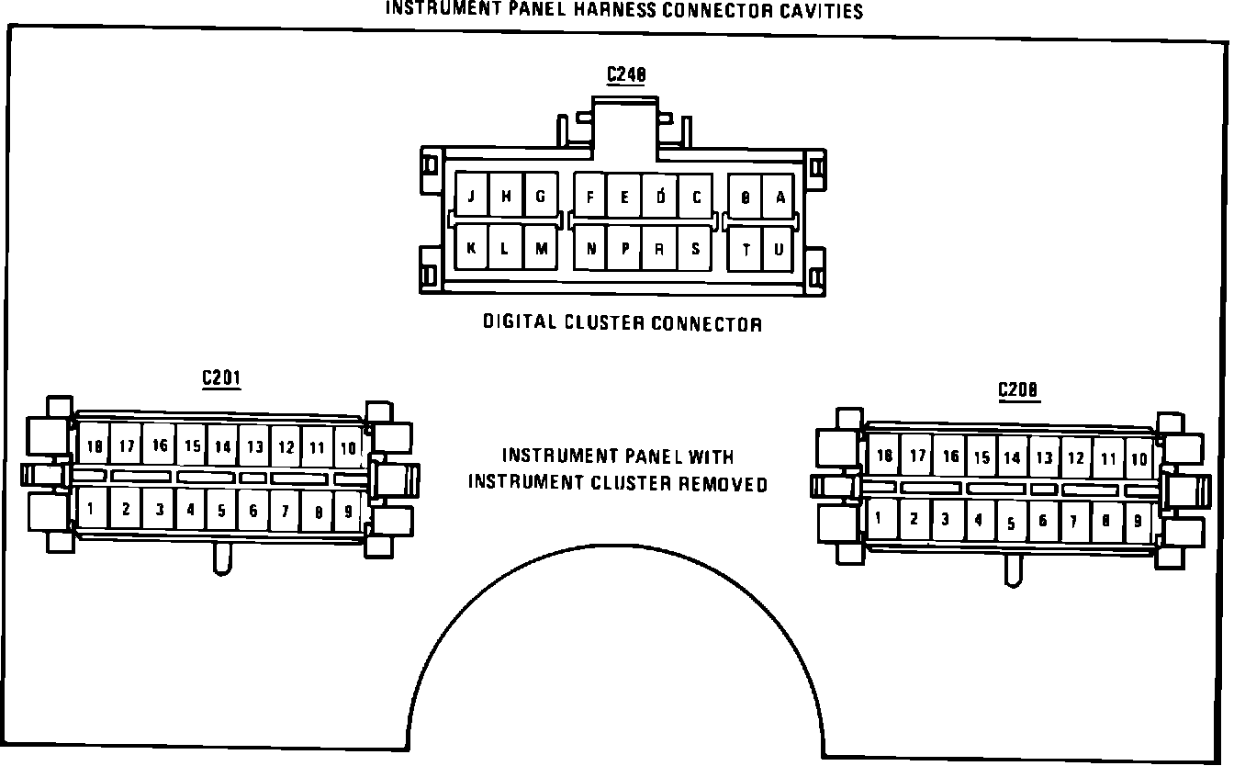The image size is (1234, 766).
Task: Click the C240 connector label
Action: click(625, 75)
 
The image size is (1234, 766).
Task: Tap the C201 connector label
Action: click(221, 378)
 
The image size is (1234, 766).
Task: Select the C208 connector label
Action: click(1018, 390)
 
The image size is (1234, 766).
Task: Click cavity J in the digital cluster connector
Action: click(471, 197)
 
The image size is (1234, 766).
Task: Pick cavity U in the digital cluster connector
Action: click(779, 249)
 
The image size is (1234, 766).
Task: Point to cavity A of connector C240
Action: click(780, 197)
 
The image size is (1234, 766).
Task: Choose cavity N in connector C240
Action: click(591, 249)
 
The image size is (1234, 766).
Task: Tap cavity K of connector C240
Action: click(471, 248)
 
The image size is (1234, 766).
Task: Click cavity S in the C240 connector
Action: click(695, 248)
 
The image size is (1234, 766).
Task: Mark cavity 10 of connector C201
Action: click(348, 447)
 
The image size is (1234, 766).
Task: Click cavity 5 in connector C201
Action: click(221, 510)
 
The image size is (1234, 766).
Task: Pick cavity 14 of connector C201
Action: click(222, 447)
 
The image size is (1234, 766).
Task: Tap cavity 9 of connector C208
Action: click(1138, 522)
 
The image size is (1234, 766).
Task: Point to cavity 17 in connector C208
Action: click(916, 456)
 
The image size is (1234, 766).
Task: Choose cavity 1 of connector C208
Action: click(880, 518)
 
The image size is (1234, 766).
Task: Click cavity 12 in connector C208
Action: click(1076, 458)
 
